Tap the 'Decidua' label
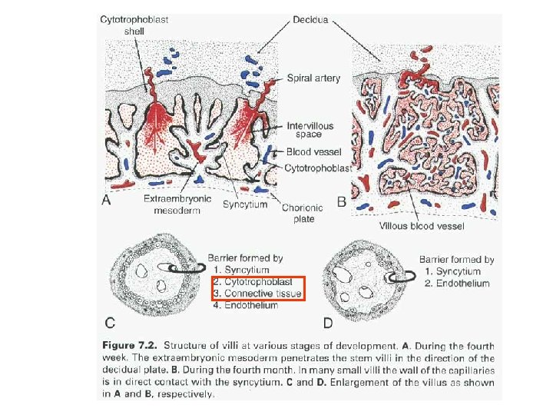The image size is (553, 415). pos(310,19)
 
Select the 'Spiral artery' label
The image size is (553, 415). pos(313,78)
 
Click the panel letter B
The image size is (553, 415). pos(342,202)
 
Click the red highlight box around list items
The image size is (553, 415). pos(268,287)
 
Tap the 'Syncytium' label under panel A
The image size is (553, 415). pos(245,204)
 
